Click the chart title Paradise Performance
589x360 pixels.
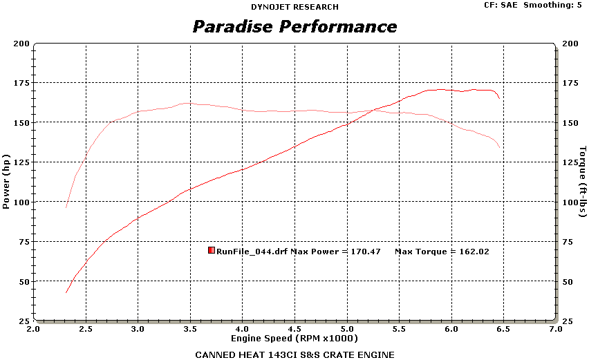tap(294, 27)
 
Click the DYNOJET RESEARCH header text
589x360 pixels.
tap(294, 7)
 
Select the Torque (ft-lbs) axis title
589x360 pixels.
tap(583, 181)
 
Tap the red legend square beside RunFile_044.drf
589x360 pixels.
tap(212, 251)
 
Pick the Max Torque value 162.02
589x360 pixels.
tap(474, 252)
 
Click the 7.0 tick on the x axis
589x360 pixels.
tap(556, 330)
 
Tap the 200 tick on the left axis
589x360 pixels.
tap(21, 44)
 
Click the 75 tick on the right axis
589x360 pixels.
tap(568, 242)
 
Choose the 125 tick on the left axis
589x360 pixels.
tap(21, 162)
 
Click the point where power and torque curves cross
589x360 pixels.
tap(374, 110)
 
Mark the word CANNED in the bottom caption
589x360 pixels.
tap(213, 354)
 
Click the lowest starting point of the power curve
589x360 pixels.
tap(66, 293)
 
